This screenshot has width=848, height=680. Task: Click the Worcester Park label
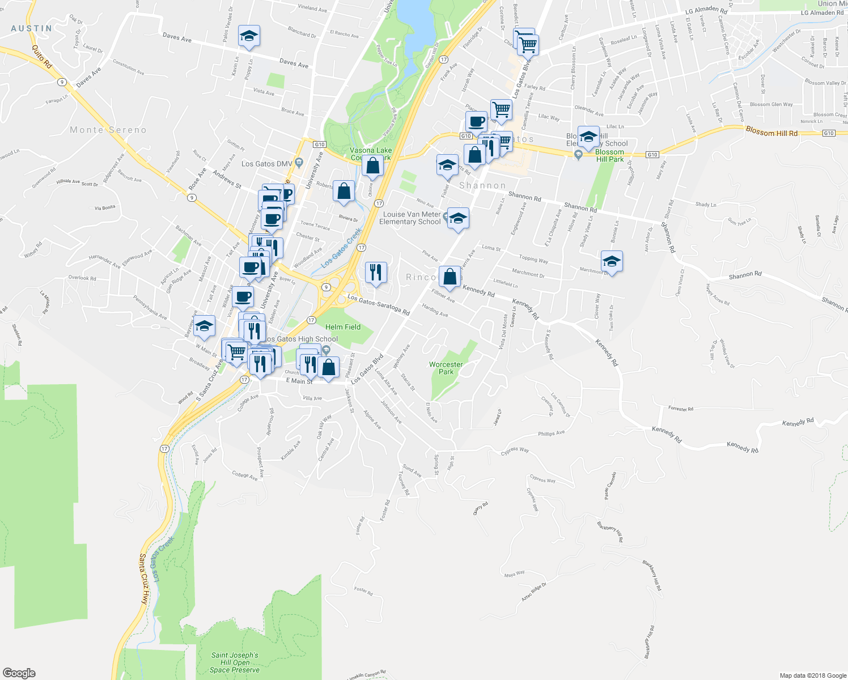(x=446, y=368)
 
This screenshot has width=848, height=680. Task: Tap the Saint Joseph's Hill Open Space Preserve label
(x=235, y=662)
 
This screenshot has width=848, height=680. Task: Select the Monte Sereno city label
(x=108, y=130)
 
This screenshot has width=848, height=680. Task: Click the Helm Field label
(x=343, y=327)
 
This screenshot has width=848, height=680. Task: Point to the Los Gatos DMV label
(x=266, y=164)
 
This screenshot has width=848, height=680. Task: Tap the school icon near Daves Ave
(x=249, y=37)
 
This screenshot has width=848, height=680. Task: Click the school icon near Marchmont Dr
(x=612, y=262)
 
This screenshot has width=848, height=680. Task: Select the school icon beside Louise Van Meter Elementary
(x=457, y=218)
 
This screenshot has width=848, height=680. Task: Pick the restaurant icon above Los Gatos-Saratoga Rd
(x=376, y=273)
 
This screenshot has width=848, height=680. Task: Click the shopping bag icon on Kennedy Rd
(x=450, y=277)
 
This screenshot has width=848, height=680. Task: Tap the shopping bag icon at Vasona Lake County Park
(x=372, y=166)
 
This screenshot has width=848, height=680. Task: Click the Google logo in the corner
(x=19, y=673)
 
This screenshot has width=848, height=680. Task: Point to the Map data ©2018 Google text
(x=813, y=675)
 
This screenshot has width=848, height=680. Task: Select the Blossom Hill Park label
(x=609, y=156)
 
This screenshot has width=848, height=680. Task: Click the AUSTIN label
(x=32, y=28)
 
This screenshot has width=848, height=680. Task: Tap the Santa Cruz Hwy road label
(x=144, y=578)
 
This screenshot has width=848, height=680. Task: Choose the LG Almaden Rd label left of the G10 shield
(x=706, y=11)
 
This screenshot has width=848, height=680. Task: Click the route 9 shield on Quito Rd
(x=61, y=82)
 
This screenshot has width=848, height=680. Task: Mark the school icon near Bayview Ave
(x=204, y=326)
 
